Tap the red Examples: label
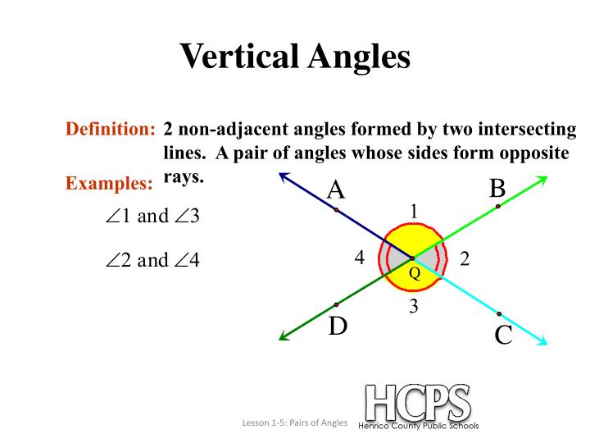pyautogui.click(x=109, y=184)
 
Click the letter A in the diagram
pyautogui.click(x=335, y=190)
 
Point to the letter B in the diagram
pyautogui.click(x=497, y=188)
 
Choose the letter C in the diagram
pyautogui.click(x=503, y=335)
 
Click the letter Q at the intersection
pyautogui.click(x=414, y=274)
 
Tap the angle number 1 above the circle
pyautogui.click(x=415, y=211)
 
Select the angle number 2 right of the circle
pyautogui.click(x=465, y=258)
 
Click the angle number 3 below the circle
pyautogui.click(x=414, y=307)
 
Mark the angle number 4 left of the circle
pyautogui.click(x=359, y=258)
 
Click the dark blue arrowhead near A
pyautogui.click(x=284, y=175)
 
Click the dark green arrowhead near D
pyautogui.click(x=284, y=336)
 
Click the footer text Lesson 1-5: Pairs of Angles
pyautogui.click(x=294, y=423)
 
